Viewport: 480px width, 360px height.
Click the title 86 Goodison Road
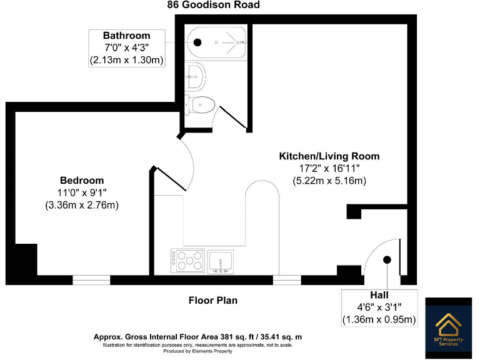coord(213,5)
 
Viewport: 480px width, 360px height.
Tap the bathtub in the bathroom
coord(216,42)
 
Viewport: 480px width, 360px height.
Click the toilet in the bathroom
coord(201,104)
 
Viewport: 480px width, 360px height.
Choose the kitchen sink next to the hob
coord(221,261)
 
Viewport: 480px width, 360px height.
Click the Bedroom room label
coord(82,181)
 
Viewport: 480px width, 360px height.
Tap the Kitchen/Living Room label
coord(329,156)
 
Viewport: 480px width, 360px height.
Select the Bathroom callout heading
coord(127,36)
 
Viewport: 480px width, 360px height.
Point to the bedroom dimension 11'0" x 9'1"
coord(82,192)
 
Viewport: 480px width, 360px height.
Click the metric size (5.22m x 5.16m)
coord(329,181)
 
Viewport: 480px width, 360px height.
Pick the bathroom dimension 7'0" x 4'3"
coord(127,48)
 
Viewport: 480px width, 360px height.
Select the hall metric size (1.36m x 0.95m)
coord(379,320)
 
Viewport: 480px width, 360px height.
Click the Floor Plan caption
coord(213,301)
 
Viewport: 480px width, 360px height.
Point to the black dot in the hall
coord(387,259)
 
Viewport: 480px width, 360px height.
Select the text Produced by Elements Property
coord(197,351)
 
